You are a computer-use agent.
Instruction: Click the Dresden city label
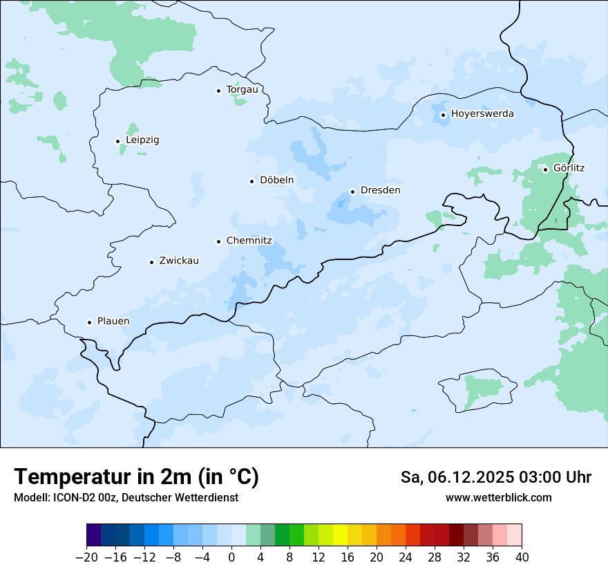tap(380, 190)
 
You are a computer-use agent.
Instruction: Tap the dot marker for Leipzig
tap(117, 141)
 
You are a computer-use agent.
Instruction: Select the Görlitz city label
tap(569, 168)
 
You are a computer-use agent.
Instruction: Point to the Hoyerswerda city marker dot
tap(444, 115)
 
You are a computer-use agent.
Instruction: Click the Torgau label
tap(242, 89)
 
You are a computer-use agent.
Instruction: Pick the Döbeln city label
tap(276, 180)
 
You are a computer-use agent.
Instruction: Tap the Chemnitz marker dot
tap(219, 241)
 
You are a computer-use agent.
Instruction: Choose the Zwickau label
tap(179, 261)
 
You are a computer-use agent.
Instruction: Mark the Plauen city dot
tap(89, 322)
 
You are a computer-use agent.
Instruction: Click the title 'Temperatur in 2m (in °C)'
tap(136, 476)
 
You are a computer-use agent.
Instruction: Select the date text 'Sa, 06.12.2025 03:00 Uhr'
tap(495, 477)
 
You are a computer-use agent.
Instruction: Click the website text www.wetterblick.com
tap(498, 497)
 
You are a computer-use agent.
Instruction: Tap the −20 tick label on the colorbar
tap(86, 557)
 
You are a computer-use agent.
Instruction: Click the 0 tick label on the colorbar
tap(231, 557)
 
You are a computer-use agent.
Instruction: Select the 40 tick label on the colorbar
tap(522, 557)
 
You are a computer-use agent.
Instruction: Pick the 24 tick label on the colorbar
tap(406, 557)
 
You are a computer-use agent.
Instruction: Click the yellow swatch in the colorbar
tap(340, 535)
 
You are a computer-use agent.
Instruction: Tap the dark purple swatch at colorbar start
tap(93, 535)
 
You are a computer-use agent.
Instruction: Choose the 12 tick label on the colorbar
tap(319, 557)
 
